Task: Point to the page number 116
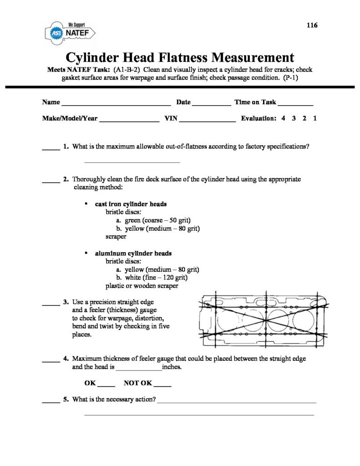click(x=312, y=25)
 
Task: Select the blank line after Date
click(x=212, y=104)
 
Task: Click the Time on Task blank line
click(x=295, y=104)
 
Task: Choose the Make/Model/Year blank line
click(x=129, y=120)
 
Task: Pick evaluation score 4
click(x=283, y=118)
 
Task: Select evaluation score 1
click(x=315, y=118)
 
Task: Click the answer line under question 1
click(x=132, y=162)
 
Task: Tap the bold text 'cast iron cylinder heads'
click(x=131, y=204)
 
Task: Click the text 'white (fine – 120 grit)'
click(x=156, y=278)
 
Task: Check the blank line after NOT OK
click(x=162, y=385)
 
